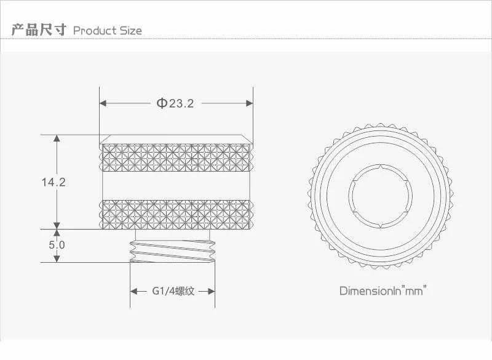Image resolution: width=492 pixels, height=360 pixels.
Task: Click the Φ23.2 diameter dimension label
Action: click(175, 103)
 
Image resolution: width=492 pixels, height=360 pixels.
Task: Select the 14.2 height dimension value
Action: click(54, 182)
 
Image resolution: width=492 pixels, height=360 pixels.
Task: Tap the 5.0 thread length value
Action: click(57, 244)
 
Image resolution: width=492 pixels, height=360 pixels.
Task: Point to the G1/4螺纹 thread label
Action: click(173, 291)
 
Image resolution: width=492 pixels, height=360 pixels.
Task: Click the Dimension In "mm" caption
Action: click(383, 290)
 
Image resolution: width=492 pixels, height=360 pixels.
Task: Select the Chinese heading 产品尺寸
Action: click(39, 30)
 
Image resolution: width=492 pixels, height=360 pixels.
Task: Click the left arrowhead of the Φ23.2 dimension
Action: click(103, 103)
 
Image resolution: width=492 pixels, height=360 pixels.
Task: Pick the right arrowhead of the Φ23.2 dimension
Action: click(250, 103)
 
